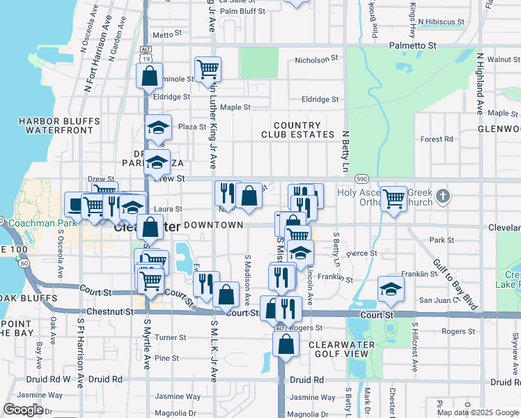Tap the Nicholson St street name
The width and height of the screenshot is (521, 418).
317,59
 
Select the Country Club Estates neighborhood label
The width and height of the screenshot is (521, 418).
298,130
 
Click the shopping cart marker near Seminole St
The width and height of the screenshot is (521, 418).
208,69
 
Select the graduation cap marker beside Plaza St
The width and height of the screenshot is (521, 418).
158,127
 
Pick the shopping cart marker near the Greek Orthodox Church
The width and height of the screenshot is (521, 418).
394,199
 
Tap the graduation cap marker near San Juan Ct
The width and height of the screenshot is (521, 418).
391,288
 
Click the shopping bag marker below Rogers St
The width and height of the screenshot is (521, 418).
286,343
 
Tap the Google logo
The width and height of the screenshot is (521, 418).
23,410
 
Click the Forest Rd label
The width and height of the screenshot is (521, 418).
437,139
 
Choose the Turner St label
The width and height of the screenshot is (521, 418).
171,337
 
